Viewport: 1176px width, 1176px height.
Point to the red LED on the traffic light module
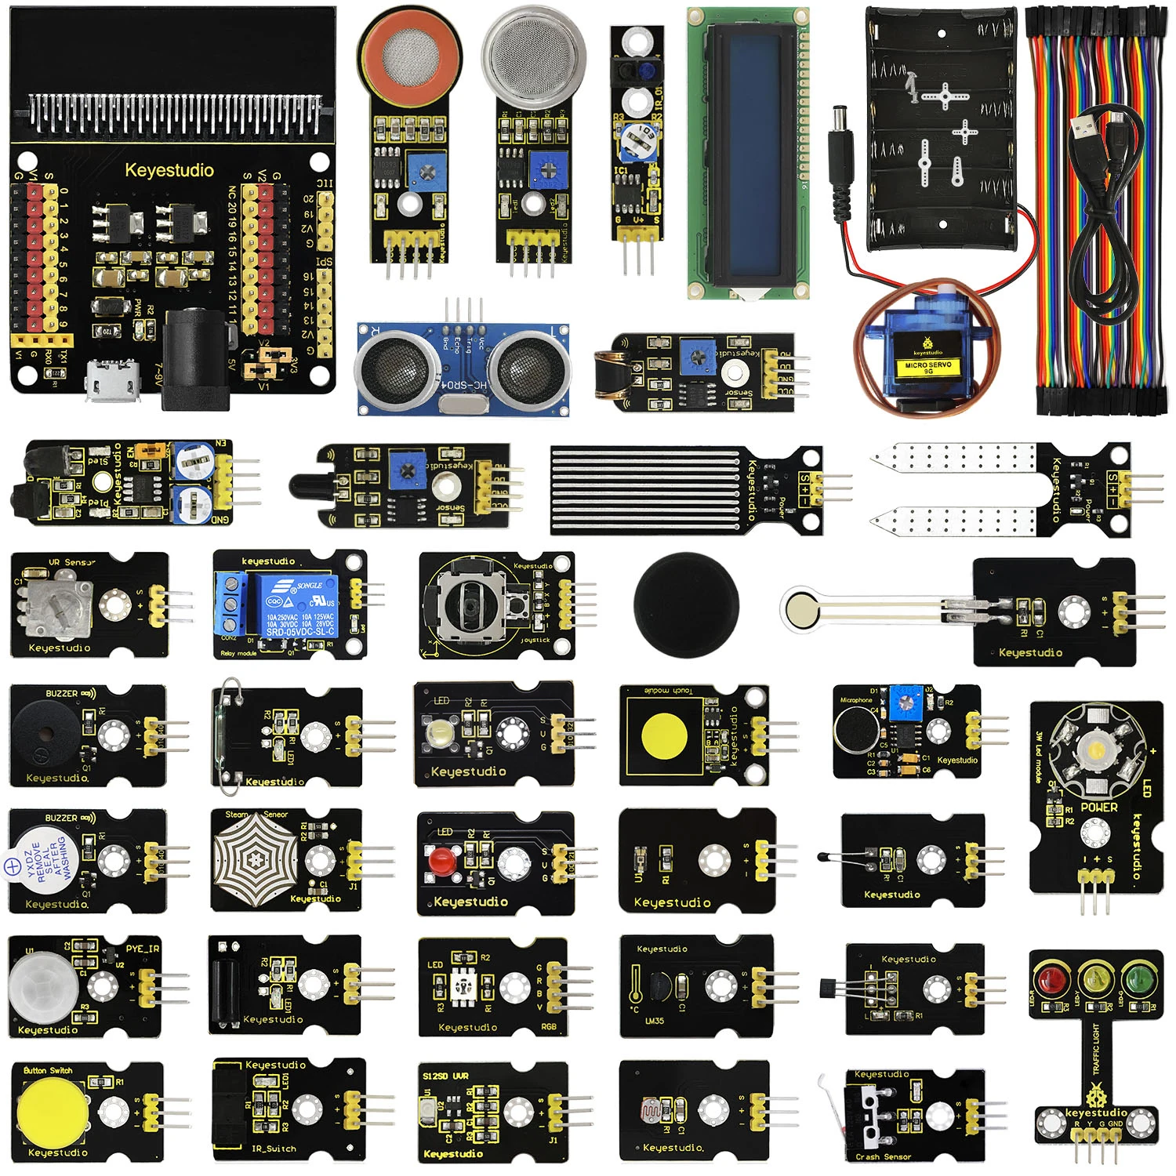(1051, 980)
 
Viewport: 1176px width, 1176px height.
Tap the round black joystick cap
(686, 604)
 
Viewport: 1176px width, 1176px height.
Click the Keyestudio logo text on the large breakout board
(169, 170)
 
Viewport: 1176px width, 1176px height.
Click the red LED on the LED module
(441, 859)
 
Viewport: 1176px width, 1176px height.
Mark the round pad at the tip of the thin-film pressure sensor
(800, 608)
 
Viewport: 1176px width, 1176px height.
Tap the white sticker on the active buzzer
(41, 862)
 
